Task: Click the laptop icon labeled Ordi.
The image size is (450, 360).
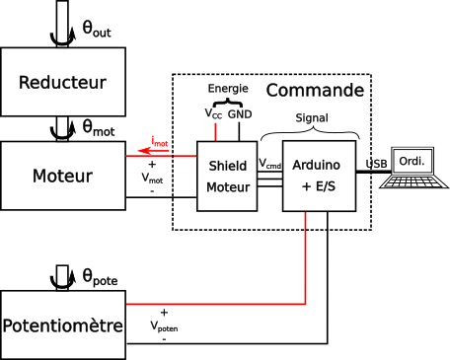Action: tap(413, 168)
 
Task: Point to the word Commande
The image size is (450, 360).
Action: tap(315, 90)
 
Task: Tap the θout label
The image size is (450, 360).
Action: tap(97, 30)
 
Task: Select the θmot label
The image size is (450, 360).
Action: tap(99, 128)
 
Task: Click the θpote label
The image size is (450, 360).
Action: tap(100, 278)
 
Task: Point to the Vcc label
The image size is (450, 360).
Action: tap(213, 113)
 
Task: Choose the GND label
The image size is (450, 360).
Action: tap(240, 114)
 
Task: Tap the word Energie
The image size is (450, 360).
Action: tap(228, 89)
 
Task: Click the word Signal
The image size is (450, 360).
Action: tap(312, 118)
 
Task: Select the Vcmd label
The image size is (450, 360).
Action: tap(269, 164)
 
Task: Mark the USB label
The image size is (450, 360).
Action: tap(376, 164)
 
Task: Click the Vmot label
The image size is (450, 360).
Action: tap(152, 179)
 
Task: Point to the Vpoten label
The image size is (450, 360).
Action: tap(164, 326)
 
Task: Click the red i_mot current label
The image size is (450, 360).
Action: tap(160, 141)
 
